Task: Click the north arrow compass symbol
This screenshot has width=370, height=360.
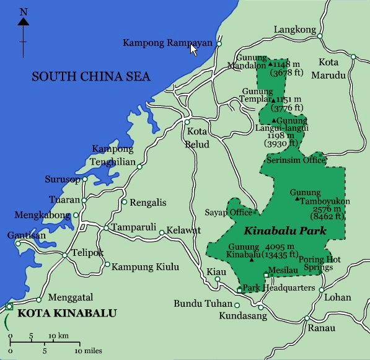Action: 23,28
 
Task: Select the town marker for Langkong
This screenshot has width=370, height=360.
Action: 320,36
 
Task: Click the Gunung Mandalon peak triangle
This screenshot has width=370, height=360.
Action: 270,64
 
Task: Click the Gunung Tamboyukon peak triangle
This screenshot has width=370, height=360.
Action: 298,200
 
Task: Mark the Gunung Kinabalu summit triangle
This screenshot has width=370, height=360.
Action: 251,260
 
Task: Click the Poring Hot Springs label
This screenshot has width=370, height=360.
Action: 320,265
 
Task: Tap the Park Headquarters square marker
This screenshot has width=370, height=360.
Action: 240,289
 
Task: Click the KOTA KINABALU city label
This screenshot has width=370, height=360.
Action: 66,314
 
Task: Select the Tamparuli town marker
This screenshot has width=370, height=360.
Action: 106,227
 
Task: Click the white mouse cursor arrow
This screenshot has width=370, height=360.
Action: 193,49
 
